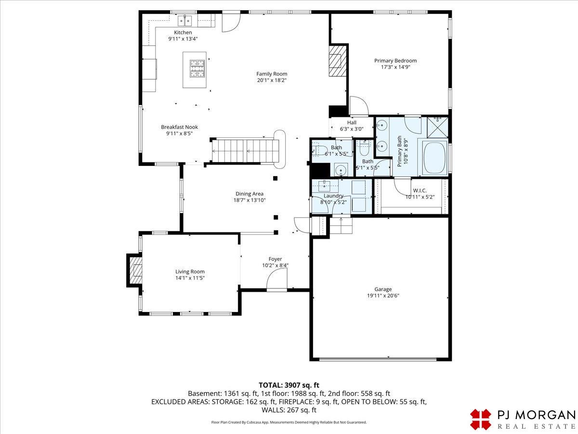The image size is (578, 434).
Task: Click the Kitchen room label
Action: (183, 32)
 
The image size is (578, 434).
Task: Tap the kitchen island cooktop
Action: (197, 68)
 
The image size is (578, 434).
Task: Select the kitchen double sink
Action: (184, 21)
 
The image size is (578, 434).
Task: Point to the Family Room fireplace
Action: (337, 61)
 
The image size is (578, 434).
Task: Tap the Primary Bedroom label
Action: (395, 61)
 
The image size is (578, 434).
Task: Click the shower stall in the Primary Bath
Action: (437, 127)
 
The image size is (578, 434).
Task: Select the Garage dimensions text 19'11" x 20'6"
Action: (383, 296)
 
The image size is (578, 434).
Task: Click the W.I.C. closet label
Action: (420, 190)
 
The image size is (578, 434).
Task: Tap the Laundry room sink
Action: (325, 186)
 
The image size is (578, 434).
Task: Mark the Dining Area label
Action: (250, 194)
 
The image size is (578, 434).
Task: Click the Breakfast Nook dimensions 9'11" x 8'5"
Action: (179, 134)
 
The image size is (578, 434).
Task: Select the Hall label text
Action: (352, 122)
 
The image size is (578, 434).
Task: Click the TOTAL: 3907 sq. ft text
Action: (289, 385)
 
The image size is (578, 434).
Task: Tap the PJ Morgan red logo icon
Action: (481, 420)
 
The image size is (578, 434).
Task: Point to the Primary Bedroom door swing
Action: (359, 106)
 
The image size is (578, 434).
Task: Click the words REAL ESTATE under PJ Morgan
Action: (536, 426)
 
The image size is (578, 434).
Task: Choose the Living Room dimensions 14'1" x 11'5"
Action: (190, 278)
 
